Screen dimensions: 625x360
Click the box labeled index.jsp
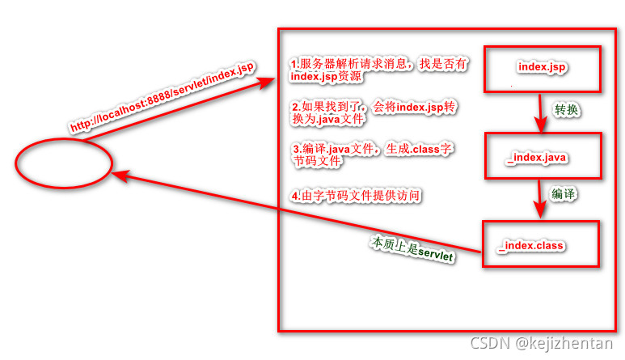(x=542, y=67)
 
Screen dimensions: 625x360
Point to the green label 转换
(x=566, y=109)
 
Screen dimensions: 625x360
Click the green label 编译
(x=564, y=194)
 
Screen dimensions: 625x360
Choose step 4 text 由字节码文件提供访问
(x=356, y=197)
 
